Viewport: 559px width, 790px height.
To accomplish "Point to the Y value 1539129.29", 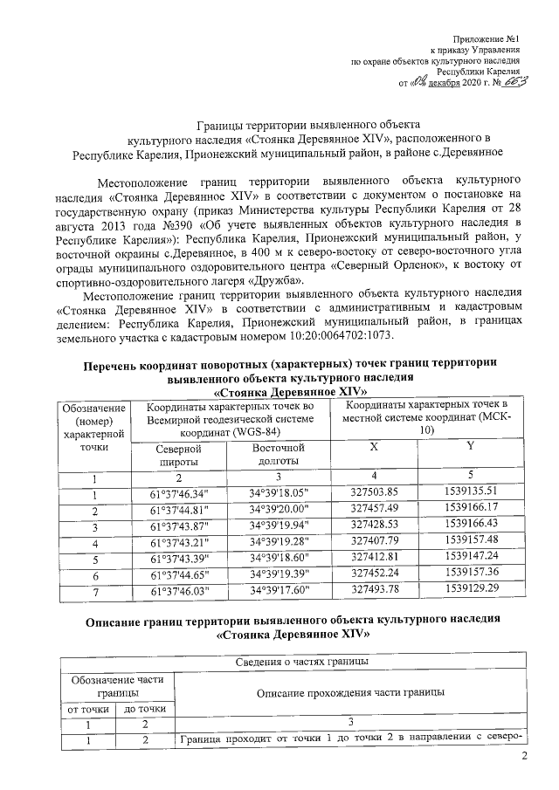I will [471, 591].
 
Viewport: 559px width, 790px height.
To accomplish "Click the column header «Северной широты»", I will [179, 454].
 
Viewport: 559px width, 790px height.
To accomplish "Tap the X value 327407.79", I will [374, 542].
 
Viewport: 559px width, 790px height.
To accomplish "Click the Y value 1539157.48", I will [471, 542].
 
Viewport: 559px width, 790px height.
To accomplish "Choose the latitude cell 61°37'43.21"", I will [179, 542].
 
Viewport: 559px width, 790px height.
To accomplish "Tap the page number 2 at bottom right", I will [525, 756].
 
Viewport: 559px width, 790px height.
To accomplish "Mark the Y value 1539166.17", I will [471, 509].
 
